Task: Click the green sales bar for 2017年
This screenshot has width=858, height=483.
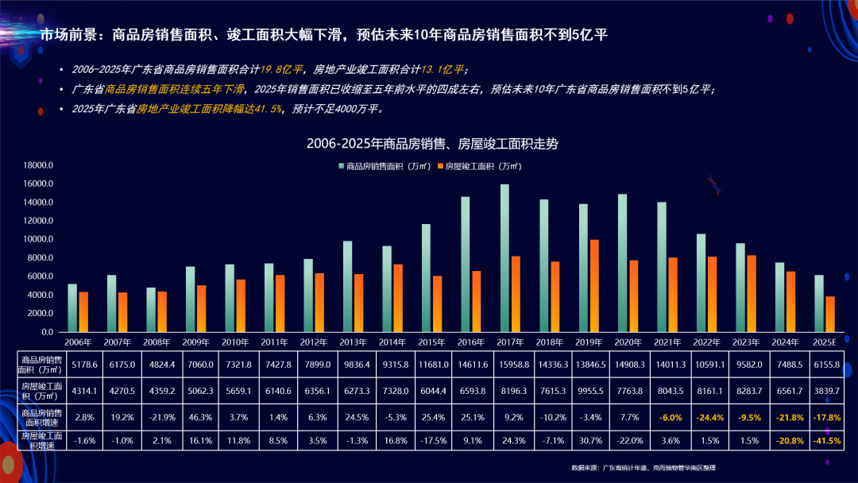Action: click(504, 258)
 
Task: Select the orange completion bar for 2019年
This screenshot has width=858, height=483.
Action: click(594, 286)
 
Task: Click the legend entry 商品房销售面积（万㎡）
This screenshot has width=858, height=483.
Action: click(385, 166)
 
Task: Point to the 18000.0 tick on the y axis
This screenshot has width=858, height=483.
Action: click(38, 165)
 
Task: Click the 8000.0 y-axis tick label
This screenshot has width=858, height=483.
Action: click(38, 258)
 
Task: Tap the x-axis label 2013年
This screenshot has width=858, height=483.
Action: click(353, 342)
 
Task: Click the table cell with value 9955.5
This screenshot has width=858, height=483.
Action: click(589, 391)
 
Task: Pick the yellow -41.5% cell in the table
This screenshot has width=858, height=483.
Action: click(825, 440)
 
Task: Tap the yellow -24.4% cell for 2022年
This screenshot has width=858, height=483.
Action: click(707, 415)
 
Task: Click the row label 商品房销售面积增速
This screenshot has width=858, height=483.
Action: click(42, 415)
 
